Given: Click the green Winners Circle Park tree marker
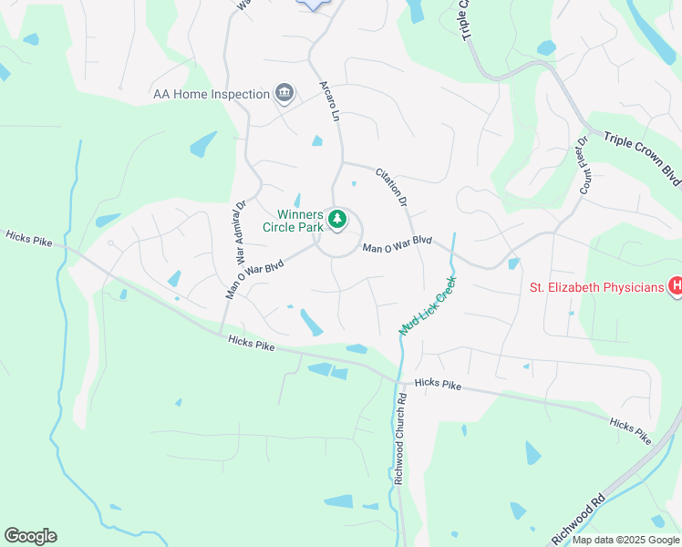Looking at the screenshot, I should tap(337, 219).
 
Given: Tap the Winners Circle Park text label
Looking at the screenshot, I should tap(293, 220).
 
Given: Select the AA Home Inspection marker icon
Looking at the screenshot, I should tap(284, 93).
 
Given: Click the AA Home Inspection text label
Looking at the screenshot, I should tap(212, 94).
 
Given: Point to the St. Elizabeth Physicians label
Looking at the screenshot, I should tap(597, 288).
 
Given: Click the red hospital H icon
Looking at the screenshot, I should tap(676, 286).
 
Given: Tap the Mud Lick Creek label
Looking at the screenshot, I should tap(427, 305).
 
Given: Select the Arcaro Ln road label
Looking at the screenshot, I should tap(329, 101).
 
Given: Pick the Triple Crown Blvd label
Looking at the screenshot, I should tap(642, 159).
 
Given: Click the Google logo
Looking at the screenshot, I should tap(30, 536).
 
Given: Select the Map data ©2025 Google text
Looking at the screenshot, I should tap(625, 540).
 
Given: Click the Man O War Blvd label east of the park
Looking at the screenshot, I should tap(397, 245).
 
